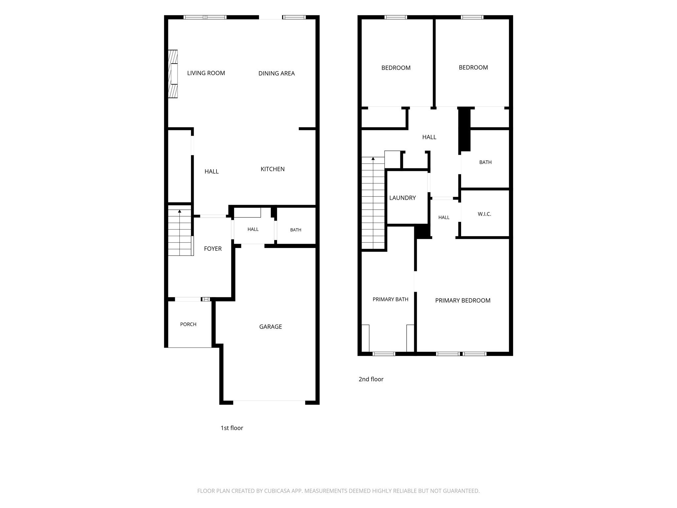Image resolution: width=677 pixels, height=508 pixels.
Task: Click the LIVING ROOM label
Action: click(206, 73)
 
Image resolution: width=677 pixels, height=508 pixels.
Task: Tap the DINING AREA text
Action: click(276, 73)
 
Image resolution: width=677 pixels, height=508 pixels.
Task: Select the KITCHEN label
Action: click(272, 169)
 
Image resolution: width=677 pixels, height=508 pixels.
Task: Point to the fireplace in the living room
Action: click(173, 74)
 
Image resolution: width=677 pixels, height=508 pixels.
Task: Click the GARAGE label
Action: click(270, 327)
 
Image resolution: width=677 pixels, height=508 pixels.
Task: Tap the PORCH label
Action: click(188, 324)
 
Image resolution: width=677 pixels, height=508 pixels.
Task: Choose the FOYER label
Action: click(213, 249)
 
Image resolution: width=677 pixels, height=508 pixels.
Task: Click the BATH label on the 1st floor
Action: click(296, 230)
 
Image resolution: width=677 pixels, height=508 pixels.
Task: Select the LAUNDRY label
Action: click(402, 198)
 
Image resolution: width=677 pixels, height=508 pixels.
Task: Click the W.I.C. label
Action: click(484, 214)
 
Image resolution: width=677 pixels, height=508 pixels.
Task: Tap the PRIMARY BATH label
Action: click(390, 299)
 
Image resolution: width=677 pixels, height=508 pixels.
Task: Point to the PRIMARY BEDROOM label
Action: click(462, 300)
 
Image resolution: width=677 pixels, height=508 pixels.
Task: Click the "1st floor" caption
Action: click(232, 428)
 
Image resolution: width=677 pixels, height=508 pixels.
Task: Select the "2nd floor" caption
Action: click(371, 379)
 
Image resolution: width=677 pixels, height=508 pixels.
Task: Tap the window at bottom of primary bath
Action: click(384, 354)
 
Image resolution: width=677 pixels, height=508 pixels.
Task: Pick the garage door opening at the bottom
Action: click(269, 402)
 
